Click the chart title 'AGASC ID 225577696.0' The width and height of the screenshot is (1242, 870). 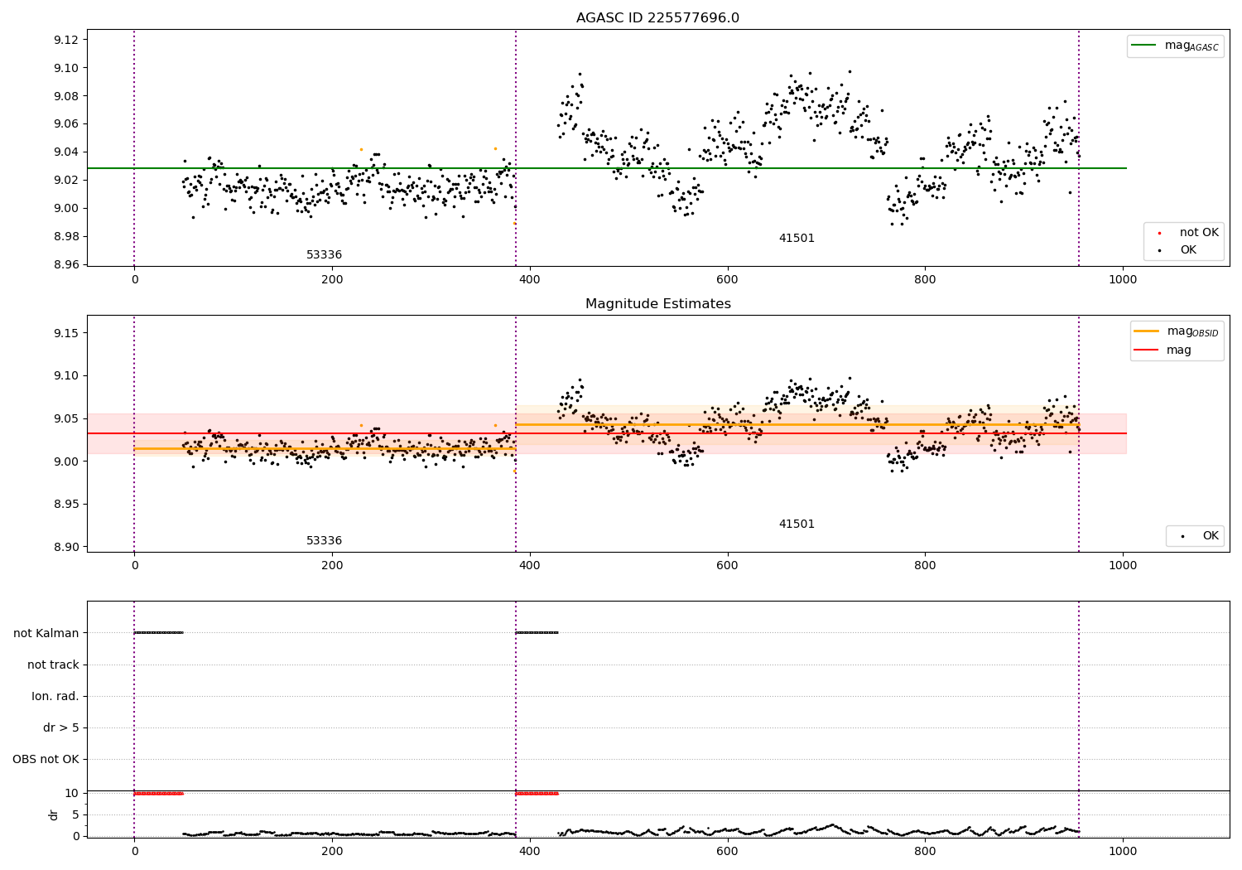click(657, 17)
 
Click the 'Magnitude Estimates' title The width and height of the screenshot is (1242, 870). click(658, 303)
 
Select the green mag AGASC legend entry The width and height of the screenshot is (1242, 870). click(1176, 46)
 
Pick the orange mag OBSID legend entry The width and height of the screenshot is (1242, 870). click(1177, 331)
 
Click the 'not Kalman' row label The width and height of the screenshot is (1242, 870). click(46, 633)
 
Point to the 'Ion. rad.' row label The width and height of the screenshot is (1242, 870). click(55, 696)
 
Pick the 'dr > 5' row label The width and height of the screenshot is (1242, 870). click(61, 727)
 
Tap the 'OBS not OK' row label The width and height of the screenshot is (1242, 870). click(46, 759)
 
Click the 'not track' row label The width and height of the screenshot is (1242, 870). click(53, 665)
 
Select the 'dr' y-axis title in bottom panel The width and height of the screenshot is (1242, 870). click(53, 815)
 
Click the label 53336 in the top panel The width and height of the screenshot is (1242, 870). click(325, 254)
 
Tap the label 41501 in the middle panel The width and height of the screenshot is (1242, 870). click(797, 524)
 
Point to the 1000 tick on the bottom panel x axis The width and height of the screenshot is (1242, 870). click(1123, 852)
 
